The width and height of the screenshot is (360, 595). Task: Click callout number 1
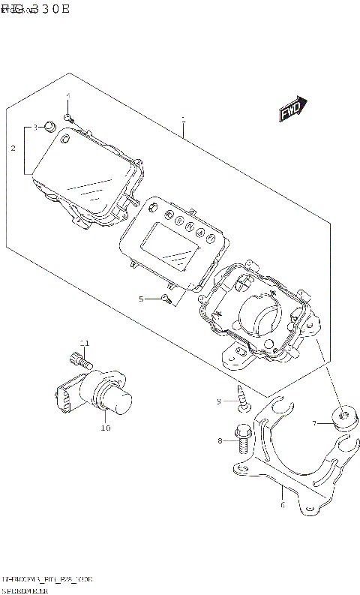point(182,119)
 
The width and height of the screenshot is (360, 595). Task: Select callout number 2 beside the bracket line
point(13,149)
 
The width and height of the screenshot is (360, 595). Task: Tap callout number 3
point(34,128)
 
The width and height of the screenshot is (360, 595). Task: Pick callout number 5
point(140,299)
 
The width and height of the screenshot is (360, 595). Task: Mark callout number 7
point(316,424)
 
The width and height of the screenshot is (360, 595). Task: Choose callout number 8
point(220,440)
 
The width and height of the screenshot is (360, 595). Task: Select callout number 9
point(220,402)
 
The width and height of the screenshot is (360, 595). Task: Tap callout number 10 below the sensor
point(105,428)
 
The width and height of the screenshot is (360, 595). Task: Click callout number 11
point(85,343)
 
